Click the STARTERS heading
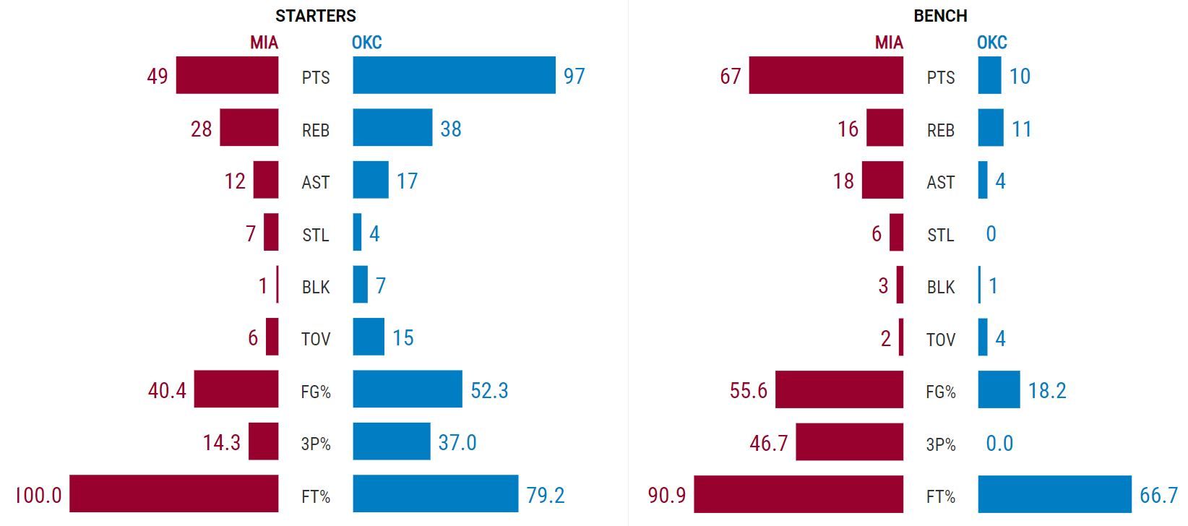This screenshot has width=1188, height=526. coord(316,15)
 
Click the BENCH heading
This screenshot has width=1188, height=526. coord(940,15)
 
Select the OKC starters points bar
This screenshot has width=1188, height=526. coord(454,75)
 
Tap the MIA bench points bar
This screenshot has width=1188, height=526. coord(826,75)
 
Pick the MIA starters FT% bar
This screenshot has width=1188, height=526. coord(173,494)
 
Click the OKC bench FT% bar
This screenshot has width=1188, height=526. coord(1054,494)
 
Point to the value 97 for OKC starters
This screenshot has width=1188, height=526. coord(574,76)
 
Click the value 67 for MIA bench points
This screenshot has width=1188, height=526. coord(731,76)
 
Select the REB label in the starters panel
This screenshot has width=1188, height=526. coord(316,130)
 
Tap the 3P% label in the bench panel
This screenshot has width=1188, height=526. coord(941,444)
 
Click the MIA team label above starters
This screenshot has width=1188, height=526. coord(264,43)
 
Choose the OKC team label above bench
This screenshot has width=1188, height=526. coord(991,43)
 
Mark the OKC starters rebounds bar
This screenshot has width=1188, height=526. coord(392,128)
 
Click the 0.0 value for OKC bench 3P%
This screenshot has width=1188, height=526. coord(999,443)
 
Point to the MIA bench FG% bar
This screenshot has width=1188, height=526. coord(839,389)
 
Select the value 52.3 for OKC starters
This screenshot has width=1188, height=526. coord(489,390)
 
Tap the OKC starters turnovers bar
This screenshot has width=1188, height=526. coord(369,337)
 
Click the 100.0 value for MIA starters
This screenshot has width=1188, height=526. coord(39,496)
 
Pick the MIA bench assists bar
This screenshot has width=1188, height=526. coord(882,180)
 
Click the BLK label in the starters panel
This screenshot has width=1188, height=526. coord(316,287)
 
